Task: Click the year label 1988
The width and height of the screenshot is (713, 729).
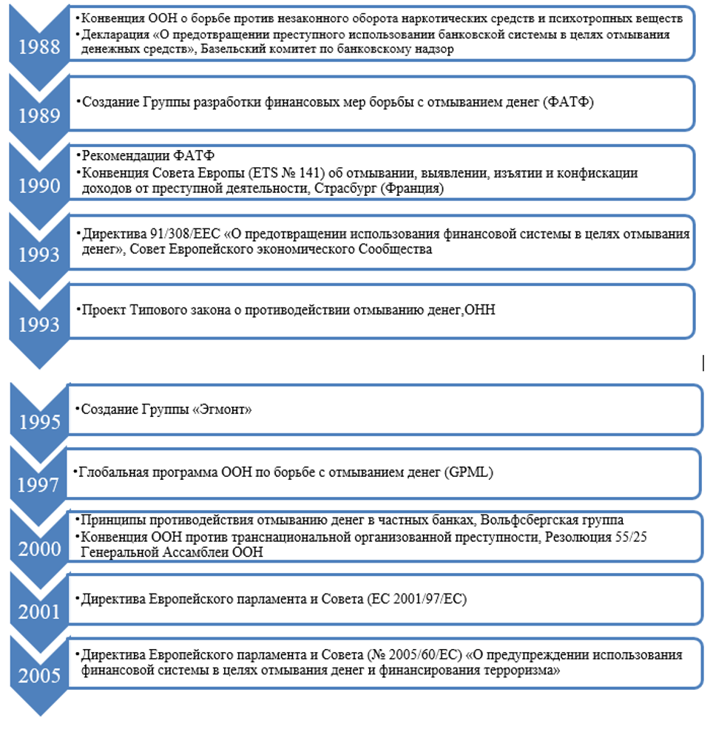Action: tap(39, 47)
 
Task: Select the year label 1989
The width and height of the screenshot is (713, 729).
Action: tap(39, 116)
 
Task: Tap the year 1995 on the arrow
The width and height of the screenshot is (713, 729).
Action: tap(39, 422)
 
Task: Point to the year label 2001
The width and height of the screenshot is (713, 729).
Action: tap(39, 611)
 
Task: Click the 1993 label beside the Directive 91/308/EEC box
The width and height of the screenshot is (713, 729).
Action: tap(39, 254)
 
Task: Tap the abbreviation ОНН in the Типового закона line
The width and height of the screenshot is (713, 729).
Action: tap(480, 311)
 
